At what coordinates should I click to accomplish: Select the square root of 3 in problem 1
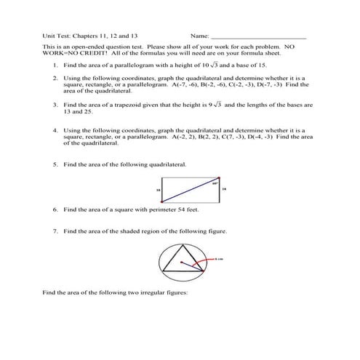coord(215,64)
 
